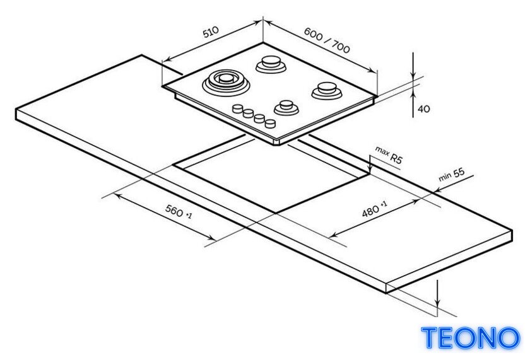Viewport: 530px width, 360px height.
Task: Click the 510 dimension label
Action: (211, 32)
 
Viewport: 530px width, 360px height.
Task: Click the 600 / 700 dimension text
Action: (327, 40)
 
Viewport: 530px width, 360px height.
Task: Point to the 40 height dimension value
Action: (424, 108)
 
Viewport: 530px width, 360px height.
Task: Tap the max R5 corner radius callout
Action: (389, 155)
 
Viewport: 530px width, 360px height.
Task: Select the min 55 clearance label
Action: (452, 174)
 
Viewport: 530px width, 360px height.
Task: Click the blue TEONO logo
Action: (470, 337)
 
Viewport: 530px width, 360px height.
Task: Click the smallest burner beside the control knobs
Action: (286, 107)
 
